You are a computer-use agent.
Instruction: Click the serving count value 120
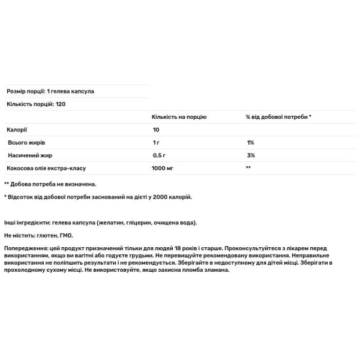coord(61,104)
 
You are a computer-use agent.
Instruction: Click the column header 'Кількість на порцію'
coord(179,117)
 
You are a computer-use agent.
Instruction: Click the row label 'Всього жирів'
coord(26,143)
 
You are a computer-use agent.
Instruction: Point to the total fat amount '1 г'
coord(156,143)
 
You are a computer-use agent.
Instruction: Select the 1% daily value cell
coord(250,143)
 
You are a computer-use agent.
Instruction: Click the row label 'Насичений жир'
coord(28,155)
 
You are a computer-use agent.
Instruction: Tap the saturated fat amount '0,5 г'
coord(159,155)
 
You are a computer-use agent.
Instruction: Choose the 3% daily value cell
coord(251,155)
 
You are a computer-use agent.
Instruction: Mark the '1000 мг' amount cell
coord(163,169)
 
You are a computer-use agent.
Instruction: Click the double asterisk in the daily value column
coord(248,169)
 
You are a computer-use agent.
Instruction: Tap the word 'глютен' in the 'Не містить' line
coord(49,235)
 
